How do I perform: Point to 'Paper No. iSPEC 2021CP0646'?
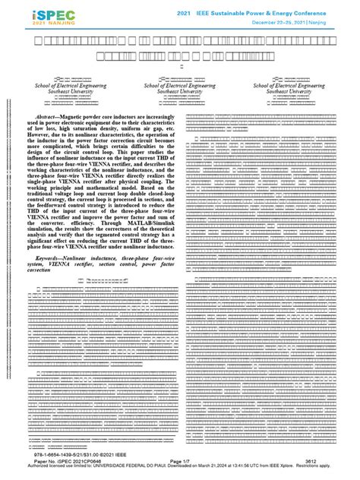(68, 466)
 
